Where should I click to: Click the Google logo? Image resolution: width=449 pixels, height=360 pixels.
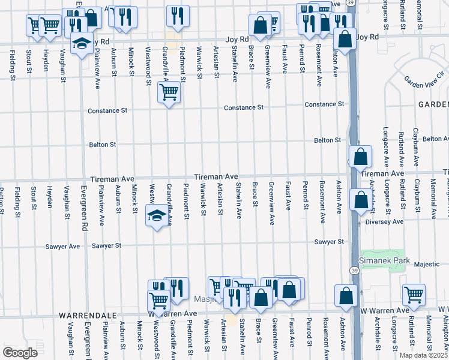point(20,352)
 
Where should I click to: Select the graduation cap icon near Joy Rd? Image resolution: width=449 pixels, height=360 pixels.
point(82,44)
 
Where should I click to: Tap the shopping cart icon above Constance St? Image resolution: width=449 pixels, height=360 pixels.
point(169,94)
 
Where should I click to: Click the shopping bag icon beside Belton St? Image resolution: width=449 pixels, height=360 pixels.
point(360,157)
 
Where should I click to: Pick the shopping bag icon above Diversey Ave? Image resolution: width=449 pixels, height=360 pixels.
point(361,200)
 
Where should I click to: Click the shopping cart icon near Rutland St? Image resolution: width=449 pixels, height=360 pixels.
point(414,295)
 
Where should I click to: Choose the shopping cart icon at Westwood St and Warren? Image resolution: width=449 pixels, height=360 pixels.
point(158,301)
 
